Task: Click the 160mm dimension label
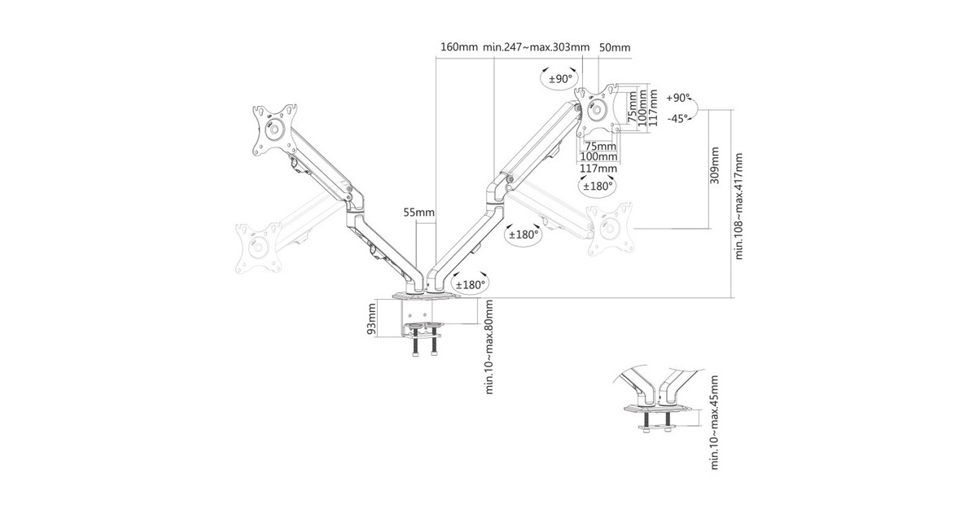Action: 459,47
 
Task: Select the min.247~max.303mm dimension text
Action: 536,47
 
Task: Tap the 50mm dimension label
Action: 615,47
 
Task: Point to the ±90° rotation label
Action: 560,79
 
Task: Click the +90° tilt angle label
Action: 678,99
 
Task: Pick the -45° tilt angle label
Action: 677,118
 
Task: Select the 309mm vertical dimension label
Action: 715,166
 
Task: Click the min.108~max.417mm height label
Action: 738,206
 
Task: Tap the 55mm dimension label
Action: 418,213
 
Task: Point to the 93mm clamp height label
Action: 370,319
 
